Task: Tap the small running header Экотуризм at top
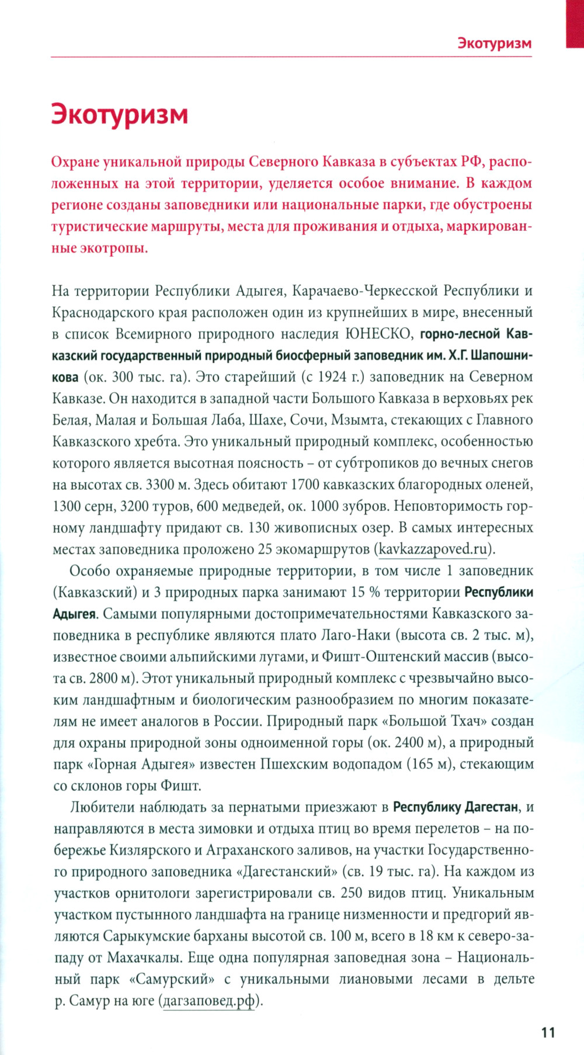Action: [494, 43]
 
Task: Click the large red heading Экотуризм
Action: [119, 114]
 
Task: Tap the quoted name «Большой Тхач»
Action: [434, 721]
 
